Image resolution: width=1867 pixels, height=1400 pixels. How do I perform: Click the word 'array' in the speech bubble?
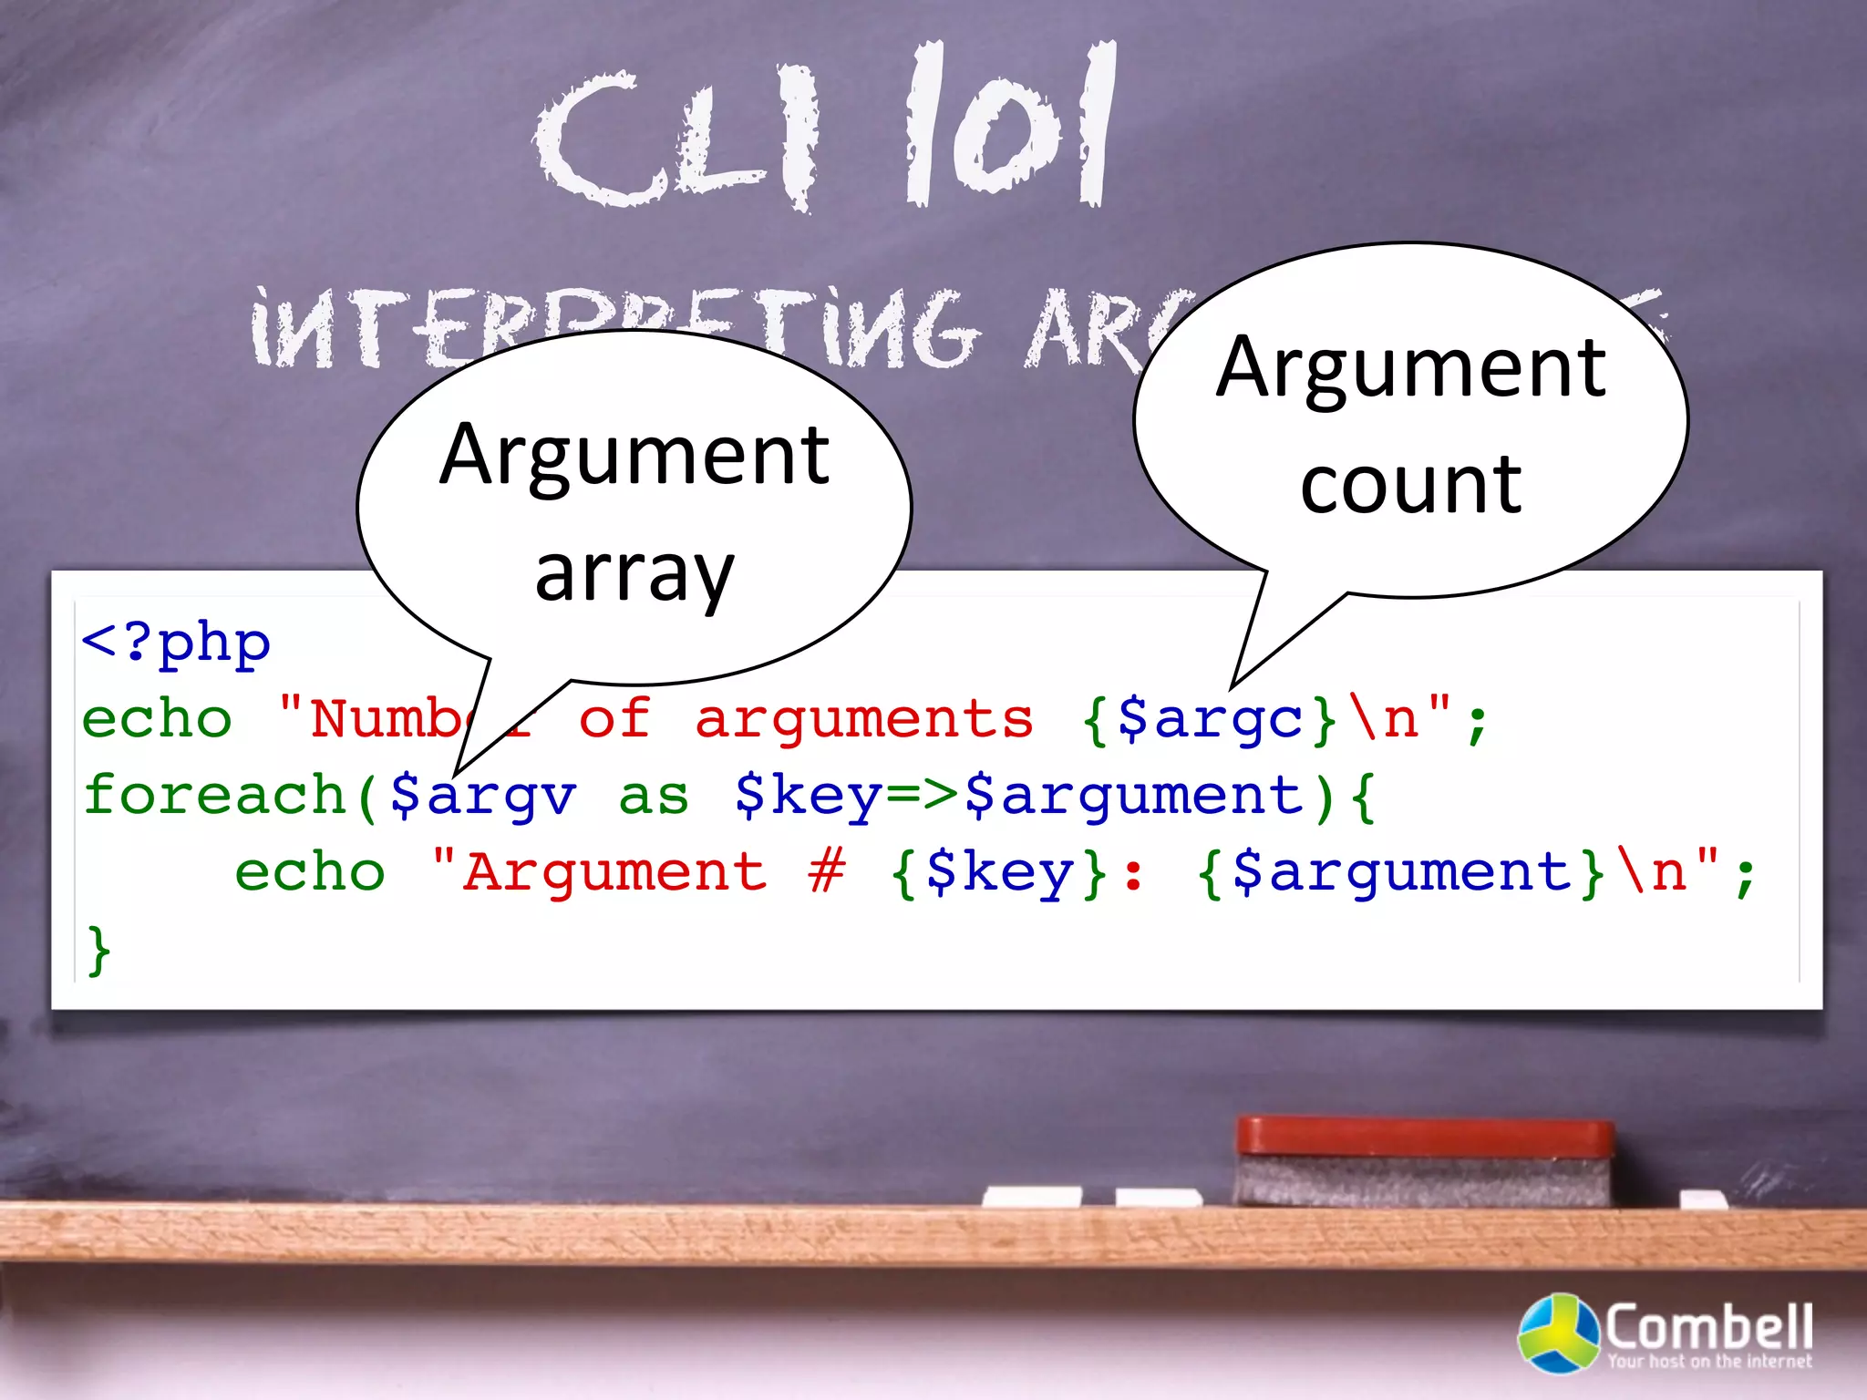click(634, 574)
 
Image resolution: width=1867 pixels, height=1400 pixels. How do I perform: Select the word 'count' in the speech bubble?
click(1410, 485)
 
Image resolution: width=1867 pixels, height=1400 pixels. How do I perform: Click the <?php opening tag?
click(176, 643)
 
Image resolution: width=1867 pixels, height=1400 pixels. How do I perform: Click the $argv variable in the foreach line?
click(484, 795)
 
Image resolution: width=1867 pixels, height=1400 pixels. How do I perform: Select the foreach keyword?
click(215, 795)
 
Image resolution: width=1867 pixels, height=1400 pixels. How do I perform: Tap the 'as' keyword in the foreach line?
click(654, 797)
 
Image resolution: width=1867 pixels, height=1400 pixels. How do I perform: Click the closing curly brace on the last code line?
click(98, 950)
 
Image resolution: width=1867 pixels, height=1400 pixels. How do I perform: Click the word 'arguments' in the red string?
click(864, 718)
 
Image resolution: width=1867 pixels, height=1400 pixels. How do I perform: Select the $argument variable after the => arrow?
click(1136, 795)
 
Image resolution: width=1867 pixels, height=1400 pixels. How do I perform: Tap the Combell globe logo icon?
click(1558, 1333)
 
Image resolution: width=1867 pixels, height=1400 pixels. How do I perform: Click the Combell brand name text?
click(1708, 1327)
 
